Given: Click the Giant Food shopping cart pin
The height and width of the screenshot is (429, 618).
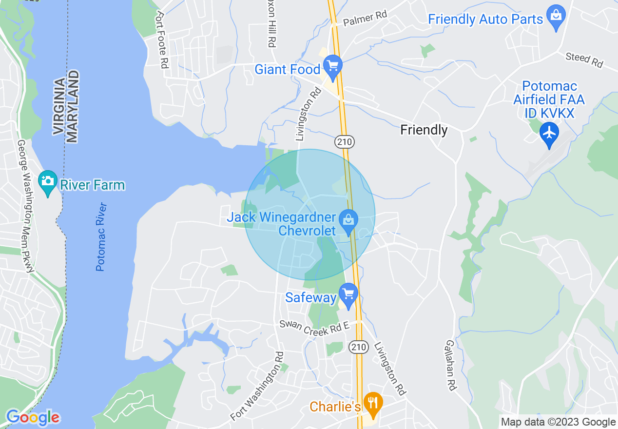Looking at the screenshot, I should coord(333,66).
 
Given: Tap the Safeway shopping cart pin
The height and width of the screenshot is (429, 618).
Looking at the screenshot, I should coord(348,294).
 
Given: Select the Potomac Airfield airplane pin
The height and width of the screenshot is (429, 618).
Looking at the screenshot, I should coord(549,133).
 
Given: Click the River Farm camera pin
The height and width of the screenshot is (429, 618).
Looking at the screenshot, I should coord(48,181).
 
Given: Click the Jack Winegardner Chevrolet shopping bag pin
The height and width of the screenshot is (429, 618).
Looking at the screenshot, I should coord(348,220).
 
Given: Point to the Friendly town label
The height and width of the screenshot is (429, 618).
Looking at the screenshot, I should coord(424,130).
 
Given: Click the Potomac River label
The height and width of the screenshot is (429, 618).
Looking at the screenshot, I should coord(101,236).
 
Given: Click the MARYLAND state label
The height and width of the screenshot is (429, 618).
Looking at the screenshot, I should coord(73,106).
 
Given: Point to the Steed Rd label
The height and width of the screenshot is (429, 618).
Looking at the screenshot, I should coord(584,60).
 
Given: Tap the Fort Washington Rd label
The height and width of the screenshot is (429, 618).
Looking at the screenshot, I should coord(256,387).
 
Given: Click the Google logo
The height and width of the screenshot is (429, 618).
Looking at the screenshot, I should coord(32,417).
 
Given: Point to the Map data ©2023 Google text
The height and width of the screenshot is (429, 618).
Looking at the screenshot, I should coord(558,422).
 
